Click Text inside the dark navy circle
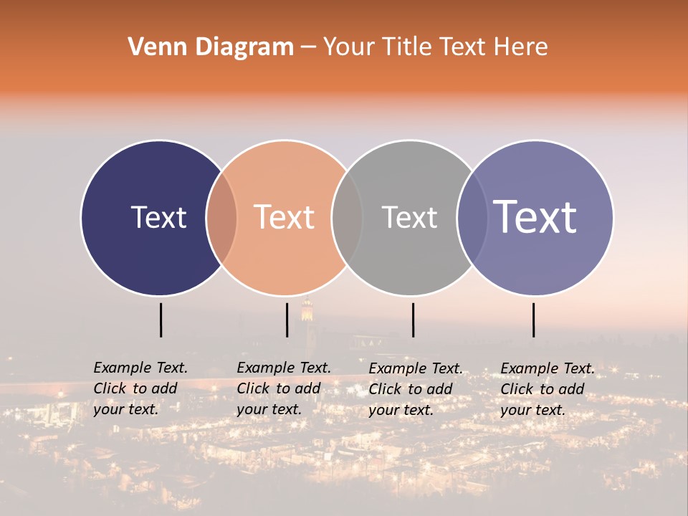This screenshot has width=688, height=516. (158, 217)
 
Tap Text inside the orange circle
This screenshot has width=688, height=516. (285, 217)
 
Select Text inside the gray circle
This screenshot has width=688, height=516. (409, 217)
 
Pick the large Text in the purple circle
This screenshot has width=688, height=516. (535, 217)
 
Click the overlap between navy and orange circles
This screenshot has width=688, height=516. (221, 218)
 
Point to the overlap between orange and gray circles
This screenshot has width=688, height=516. (347, 218)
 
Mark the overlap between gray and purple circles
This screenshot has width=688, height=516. (472, 218)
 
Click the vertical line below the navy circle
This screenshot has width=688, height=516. (161, 320)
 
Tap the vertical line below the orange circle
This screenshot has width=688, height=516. (287, 320)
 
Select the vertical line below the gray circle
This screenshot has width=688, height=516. (413, 320)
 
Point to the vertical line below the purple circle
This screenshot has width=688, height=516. (533, 320)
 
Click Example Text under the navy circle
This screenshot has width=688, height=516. (140, 368)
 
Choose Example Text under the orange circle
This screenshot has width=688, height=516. (284, 368)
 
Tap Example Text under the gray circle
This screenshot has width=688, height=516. (416, 368)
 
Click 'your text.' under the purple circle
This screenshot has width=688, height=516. (532, 410)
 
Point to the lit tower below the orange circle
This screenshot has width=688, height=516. (307, 310)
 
